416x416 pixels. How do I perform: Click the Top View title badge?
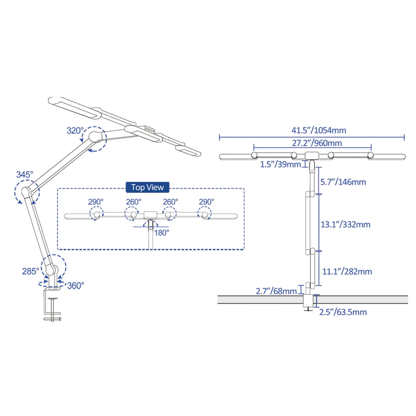(x=147, y=187)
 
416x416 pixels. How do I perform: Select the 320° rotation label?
(x=75, y=131)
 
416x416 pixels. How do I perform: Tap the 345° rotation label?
(x=25, y=175)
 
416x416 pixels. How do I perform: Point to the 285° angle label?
(x=31, y=271)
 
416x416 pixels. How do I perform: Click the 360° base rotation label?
(x=76, y=286)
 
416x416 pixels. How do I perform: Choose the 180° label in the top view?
(x=162, y=233)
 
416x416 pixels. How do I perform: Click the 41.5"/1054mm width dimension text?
(x=319, y=130)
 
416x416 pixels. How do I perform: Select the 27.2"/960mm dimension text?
(x=317, y=143)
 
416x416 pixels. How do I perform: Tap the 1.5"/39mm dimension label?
(x=280, y=164)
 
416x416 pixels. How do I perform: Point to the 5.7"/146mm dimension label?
(x=343, y=182)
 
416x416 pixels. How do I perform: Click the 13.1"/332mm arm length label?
(x=345, y=224)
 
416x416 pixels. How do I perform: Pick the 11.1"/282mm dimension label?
(x=347, y=272)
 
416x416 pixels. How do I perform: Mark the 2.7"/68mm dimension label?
(x=276, y=291)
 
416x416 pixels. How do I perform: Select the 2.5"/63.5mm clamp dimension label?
(x=343, y=312)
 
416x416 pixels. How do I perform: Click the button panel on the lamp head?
(x=149, y=129)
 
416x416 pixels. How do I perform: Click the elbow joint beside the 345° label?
(x=26, y=191)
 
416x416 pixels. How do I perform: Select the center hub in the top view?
(x=150, y=215)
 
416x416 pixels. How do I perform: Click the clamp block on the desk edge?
(x=308, y=301)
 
